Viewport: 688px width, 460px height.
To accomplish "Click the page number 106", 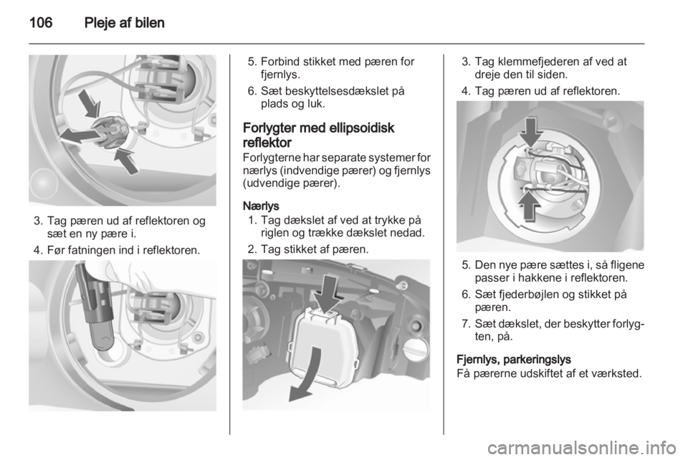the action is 41,22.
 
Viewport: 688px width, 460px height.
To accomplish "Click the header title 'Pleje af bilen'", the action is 124,23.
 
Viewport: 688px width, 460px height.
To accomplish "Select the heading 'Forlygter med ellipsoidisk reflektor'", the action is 318,135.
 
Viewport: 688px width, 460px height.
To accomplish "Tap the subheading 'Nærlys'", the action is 261,206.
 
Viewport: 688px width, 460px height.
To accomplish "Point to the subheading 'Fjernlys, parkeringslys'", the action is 513,360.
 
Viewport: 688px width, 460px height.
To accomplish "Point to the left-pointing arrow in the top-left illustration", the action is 79,136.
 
